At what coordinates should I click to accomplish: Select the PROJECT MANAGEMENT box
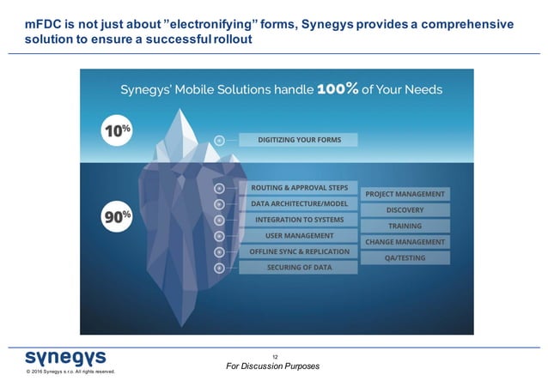405,194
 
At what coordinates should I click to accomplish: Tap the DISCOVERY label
405,210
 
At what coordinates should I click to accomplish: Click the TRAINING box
405,226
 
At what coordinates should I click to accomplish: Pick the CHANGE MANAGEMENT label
405,242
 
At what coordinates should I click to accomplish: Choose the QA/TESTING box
405,257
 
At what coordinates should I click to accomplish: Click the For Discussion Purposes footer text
272,366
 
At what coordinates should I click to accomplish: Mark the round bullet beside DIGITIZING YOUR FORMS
219,140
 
